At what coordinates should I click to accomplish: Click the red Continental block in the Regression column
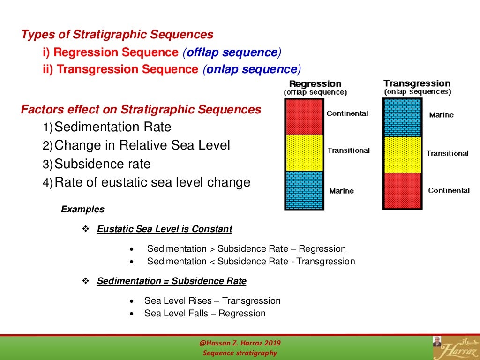click(x=304, y=117)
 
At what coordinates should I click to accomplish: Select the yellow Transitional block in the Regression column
click(x=304, y=153)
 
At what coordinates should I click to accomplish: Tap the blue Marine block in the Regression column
click(x=304, y=190)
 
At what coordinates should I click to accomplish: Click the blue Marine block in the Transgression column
click(x=403, y=118)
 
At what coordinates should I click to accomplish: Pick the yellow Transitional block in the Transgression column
click(x=403, y=155)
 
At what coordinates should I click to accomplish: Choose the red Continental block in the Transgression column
click(x=403, y=191)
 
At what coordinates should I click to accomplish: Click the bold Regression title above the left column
click(x=315, y=84)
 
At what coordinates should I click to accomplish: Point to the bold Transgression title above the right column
click(x=417, y=83)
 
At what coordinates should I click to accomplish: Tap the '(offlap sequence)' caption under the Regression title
click(x=315, y=92)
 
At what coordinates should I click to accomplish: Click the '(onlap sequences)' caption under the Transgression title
click(x=417, y=92)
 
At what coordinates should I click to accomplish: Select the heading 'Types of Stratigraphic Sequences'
click(x=117, y=35)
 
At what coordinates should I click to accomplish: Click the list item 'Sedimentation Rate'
click(x=112, y=127)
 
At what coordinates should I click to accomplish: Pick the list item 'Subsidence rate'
click(x=102, y=164)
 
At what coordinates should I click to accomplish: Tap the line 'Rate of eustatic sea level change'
click(x=152, y=182)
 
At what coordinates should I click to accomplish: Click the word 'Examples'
click(x=83, y=209)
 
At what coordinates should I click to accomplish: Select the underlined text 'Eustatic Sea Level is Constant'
click(x=164, y=229)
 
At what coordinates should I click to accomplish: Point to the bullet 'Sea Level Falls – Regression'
click(x=205, y=314)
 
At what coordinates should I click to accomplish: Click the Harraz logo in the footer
click(x=455, y=347)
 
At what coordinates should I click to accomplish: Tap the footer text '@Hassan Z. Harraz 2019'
click(x=240, y=343)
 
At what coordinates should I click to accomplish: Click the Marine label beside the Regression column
click(x=341, y=191)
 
